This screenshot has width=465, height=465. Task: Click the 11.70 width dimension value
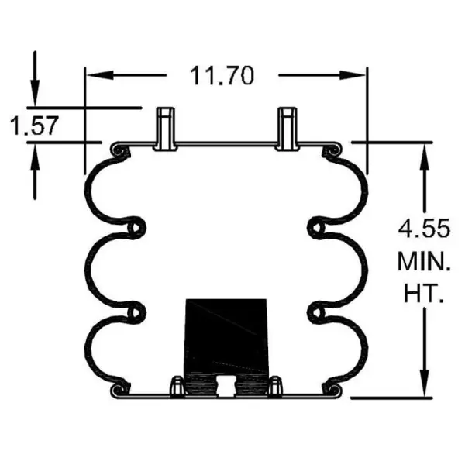[x=222, y=76]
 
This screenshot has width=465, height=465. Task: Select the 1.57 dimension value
[x=33, y=124]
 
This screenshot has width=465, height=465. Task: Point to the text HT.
[x=422, y=294]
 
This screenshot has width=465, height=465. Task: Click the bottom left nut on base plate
[x=177, y=385]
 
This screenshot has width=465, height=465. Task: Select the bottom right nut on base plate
[x=274, y=385]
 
